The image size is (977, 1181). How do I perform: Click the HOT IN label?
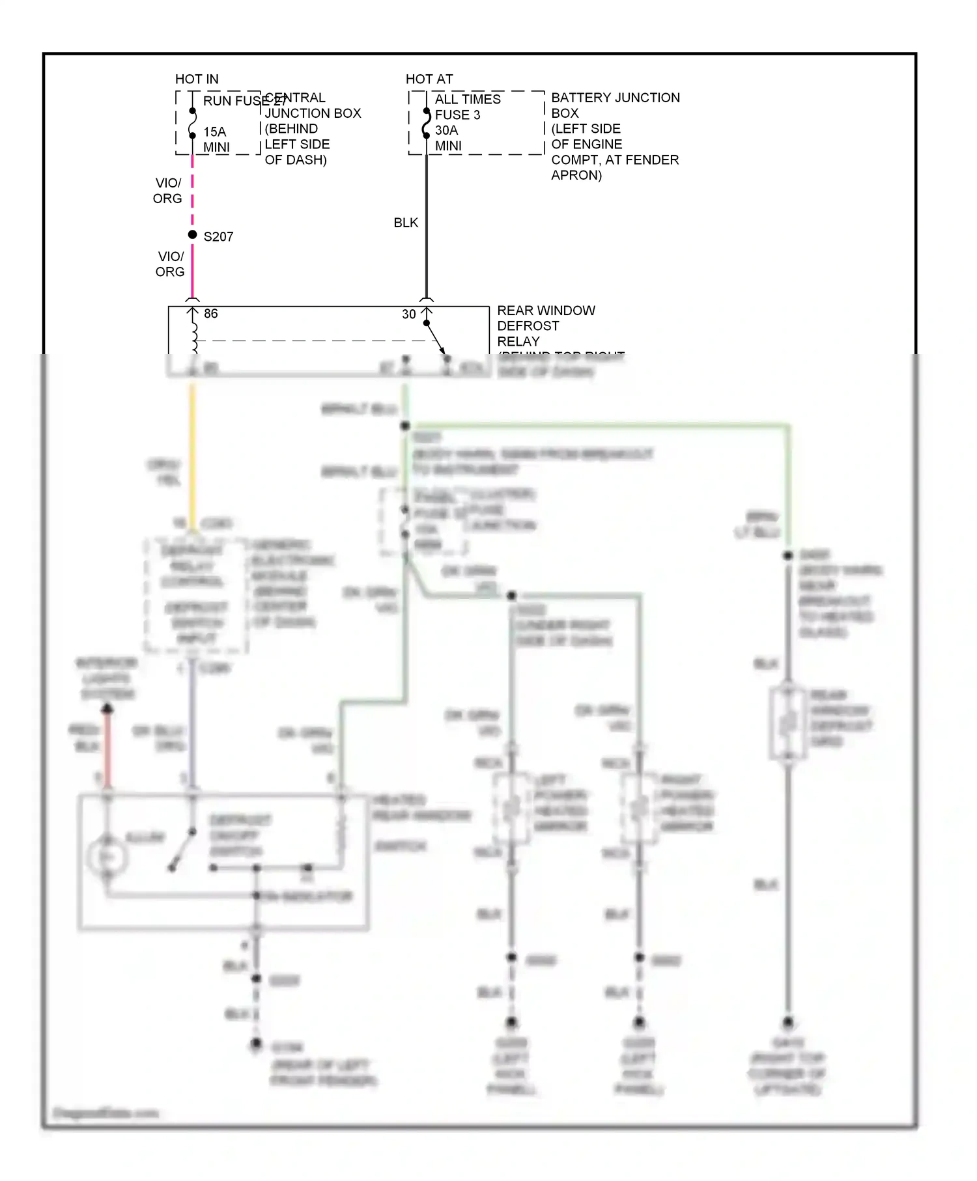pos(197,79)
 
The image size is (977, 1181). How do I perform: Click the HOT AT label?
pos(429,79)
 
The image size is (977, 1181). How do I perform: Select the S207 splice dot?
pos(192,234)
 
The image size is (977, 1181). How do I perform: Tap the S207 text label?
pos(218,237)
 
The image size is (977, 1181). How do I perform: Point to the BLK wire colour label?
pos(406,223)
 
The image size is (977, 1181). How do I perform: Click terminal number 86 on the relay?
pos(210,314)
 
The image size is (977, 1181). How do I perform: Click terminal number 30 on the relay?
pos(408,314)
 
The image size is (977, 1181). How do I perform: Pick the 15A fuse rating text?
pos(214,132)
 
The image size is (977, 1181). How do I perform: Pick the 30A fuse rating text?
pos(446,130)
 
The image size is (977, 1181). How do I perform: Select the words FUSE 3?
pos(457,115)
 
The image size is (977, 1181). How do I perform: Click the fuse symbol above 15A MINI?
pos(192,123)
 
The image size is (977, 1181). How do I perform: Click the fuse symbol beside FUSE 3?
pos(427,122)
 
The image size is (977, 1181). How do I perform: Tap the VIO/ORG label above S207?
pos(167,191)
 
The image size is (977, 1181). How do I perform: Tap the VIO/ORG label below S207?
pos(170,264)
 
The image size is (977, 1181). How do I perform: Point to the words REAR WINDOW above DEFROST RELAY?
pos(546,311)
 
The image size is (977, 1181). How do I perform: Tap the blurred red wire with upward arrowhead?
pos(107,749)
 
